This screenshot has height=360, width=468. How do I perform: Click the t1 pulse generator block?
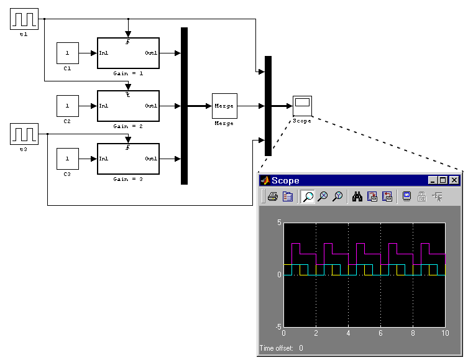tap(24, 19)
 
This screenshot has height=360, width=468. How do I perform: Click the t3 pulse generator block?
tap(24, 134)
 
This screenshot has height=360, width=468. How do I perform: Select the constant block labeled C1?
tap(68, 53)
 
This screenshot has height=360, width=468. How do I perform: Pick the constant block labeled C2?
tap(68, 106)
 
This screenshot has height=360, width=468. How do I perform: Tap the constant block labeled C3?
tap(68, 159)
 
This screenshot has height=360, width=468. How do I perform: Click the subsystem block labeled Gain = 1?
tap(128, 53)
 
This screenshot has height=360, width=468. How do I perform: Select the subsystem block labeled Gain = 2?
tap(128, 106)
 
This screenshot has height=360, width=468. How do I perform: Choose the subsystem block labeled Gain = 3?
tap(128, 159)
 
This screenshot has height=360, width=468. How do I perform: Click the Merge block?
tap(224, 106)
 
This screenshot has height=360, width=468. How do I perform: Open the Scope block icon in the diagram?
tap(303, 105)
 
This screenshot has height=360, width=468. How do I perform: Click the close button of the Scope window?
tap(454, 180)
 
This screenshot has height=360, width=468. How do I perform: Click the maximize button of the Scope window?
tap(443, 180)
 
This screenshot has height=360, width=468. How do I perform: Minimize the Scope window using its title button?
tap(433, 180)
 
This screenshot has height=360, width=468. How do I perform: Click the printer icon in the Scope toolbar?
tap(272, 197)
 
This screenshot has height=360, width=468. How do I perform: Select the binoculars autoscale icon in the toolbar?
tap(357, 197)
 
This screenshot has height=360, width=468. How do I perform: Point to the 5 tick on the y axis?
tap(279, 223)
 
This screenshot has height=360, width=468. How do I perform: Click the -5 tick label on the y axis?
tap(278, 326)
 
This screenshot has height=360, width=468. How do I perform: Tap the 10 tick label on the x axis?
tap(445, 334)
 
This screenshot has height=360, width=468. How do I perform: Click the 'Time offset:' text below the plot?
tap(275, 348)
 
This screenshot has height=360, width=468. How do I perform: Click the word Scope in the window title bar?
tap(285, 181)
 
